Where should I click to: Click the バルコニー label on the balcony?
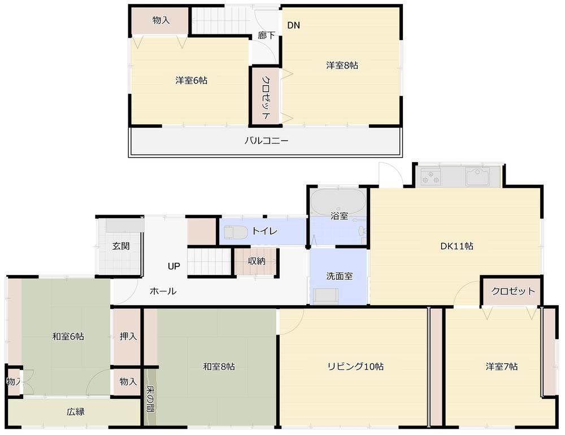click(266, 141)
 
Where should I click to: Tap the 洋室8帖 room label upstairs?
click(342, 66)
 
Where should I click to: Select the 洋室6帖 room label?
click(191, 81)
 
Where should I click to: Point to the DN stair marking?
click(294, 25)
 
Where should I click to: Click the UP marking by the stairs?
click(173, 266)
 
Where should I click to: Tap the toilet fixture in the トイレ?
click(236, 232)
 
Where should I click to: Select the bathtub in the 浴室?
click(338, 199)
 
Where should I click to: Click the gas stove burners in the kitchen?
click(431, 177)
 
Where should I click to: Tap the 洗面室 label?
click(340, 276)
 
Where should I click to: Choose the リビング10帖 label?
click(355, 367)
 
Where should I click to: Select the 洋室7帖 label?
click(501, 367)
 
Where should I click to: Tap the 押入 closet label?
click(128, 337)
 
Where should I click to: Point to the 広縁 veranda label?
click(76, 412)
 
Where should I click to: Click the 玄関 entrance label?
click(121, 246)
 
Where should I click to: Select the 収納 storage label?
click(257, 261)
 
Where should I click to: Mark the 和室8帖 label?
click(219, 367)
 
